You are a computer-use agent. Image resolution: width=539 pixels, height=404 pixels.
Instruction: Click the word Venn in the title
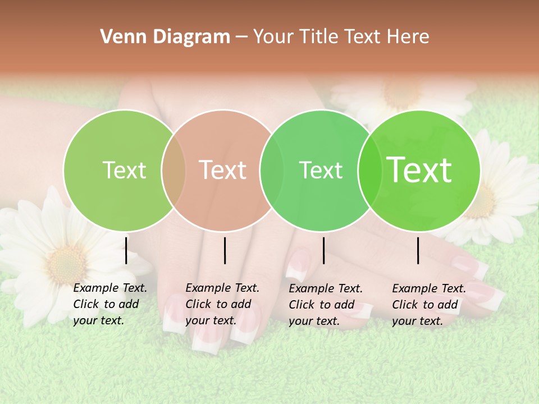click(120, 37)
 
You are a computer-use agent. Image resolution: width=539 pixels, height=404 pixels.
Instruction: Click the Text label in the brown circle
click(223, 170)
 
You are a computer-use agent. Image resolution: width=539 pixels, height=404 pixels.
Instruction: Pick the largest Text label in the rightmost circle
click(419, 169)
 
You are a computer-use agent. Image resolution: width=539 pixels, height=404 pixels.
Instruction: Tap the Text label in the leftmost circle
click(124, 170)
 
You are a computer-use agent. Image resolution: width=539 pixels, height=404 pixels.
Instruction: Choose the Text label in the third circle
click(321, 170)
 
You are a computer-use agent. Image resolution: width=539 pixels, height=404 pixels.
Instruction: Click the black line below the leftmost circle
click(126, 250)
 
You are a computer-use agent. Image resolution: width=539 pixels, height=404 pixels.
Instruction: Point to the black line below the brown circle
click(225, 250)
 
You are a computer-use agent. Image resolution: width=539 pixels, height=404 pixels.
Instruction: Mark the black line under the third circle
click(323, 250)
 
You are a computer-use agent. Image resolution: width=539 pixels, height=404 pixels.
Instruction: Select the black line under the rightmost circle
click(418, 250)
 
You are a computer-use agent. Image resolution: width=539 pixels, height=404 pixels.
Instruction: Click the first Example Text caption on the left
click(109, 304)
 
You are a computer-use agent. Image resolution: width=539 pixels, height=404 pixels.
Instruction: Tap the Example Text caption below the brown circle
click(222, 304)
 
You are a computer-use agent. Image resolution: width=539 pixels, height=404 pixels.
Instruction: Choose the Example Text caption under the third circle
click(325, 305)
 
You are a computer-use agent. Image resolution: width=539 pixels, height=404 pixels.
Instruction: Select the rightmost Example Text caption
click(428, 305)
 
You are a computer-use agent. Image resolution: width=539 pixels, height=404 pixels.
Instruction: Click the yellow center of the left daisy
click(66, 264)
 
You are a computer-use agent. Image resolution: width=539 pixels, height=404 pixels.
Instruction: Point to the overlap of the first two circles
click(173, 170)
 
